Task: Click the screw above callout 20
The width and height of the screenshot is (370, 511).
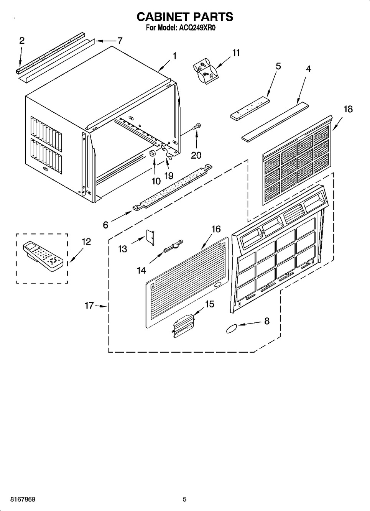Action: tap(196, 126)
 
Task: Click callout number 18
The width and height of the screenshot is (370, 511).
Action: tap(348, 109)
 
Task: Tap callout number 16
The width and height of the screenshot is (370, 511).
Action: tap(216, 229)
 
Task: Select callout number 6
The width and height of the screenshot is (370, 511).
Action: tap(105, 225)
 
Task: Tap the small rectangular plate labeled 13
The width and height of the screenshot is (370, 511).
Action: tap(150, 237)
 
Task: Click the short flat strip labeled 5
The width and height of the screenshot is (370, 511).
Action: tap(250, 108)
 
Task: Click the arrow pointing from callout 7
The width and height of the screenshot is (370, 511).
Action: tap(106, 41)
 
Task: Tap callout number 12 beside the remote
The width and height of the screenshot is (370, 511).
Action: tap(86, 242)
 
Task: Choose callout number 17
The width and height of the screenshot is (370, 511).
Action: tap(89, 305)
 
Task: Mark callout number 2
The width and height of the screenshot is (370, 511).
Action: tap(22, 41)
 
